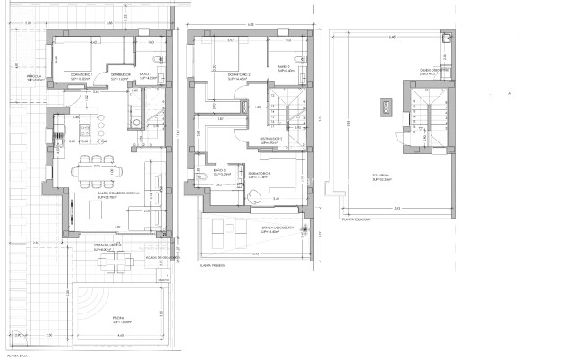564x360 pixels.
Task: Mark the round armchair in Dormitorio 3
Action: (253, 198)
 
